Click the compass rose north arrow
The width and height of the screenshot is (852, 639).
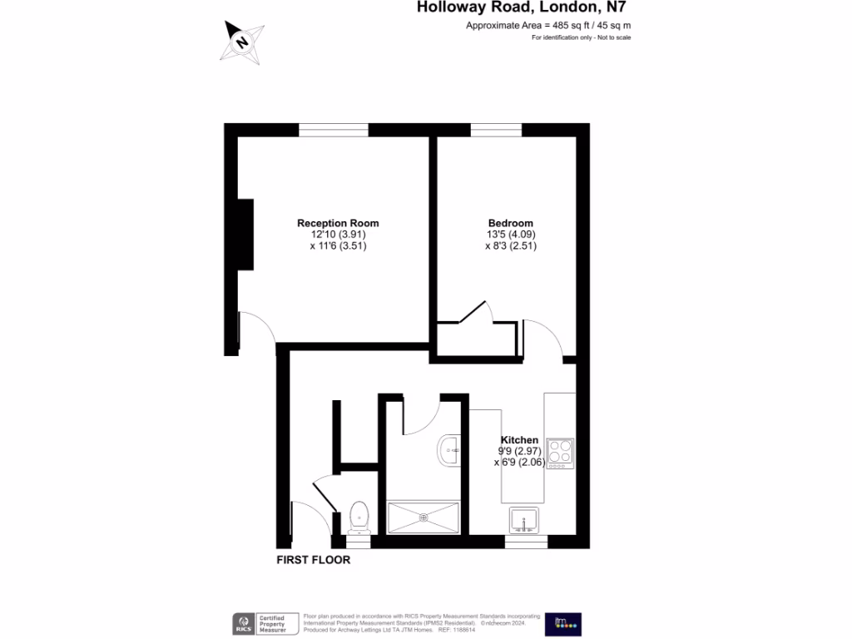click(242, 41)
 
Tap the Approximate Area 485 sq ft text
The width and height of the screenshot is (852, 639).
click(548, 26)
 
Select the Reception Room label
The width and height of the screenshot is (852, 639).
click(338, 223)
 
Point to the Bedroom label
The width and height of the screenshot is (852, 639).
click(510, 223)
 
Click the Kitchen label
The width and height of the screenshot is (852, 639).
click(519, 440)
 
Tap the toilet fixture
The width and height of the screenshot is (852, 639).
click(359, 516)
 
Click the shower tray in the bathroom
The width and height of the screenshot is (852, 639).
click(424, 517)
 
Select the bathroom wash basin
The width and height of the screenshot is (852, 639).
click(449, 450)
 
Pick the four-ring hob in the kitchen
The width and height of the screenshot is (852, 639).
click(559, 453)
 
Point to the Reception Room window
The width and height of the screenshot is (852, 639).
click(333, 130)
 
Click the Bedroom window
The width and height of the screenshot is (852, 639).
click(496, 130)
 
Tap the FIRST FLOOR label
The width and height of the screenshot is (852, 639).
click(314, 560)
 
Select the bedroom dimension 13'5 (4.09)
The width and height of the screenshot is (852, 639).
click(511, 235)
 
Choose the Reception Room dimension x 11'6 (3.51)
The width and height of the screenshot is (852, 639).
click(338, 246)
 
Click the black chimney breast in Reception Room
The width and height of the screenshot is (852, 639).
click(245, 235)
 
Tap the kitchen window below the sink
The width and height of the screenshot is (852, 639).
click(526, 542)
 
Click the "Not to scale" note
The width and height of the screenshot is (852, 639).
click(582, 38)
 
